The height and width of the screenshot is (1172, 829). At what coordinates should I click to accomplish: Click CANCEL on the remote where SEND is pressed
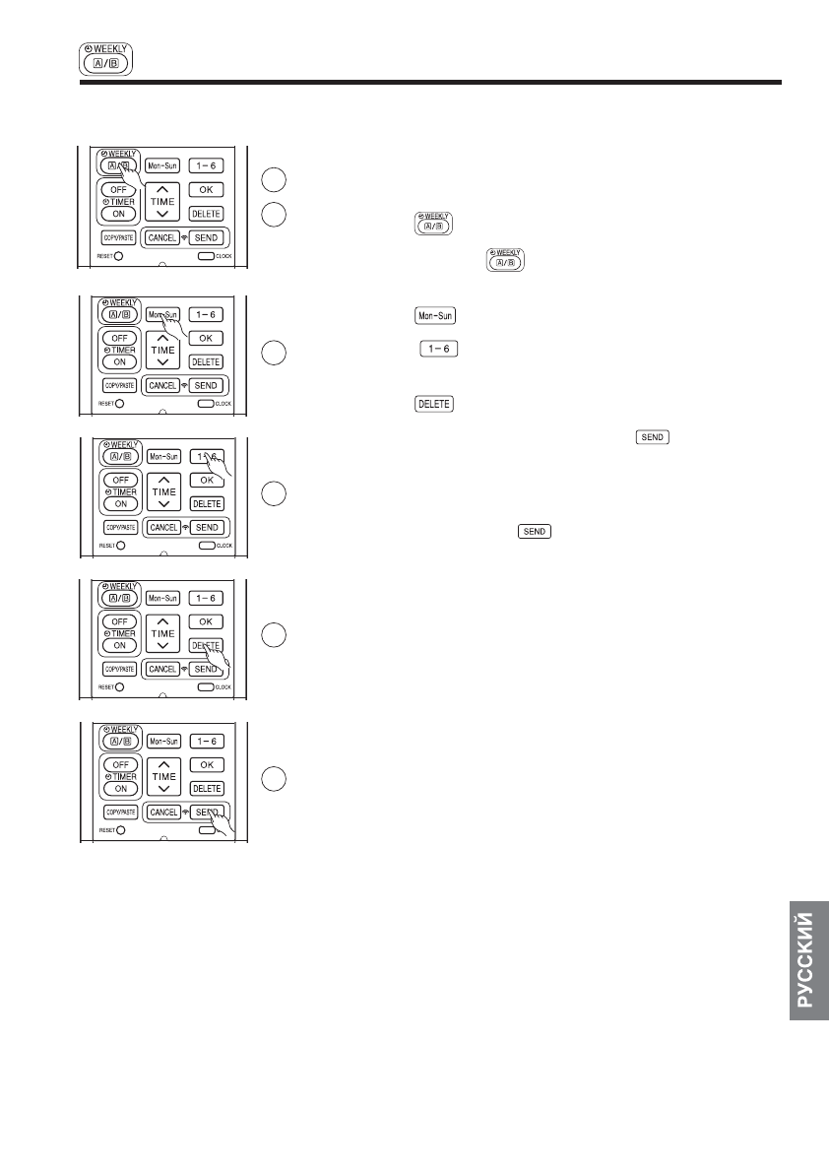click(x=162, y=813)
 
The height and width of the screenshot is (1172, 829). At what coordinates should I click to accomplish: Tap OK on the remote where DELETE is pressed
click(x=206, y=621)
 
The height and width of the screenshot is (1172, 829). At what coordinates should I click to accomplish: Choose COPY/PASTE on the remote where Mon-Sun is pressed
click(x=119, y=385)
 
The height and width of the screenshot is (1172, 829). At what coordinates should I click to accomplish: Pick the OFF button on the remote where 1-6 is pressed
click(x=119, y=480)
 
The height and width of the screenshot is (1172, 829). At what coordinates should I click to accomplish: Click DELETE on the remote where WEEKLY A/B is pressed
click(x=206, y=214)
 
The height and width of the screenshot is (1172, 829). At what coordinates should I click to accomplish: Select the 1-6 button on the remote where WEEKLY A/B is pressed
click(x=206, y=165)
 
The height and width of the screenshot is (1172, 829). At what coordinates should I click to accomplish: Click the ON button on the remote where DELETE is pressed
click(x=119, y=645)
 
